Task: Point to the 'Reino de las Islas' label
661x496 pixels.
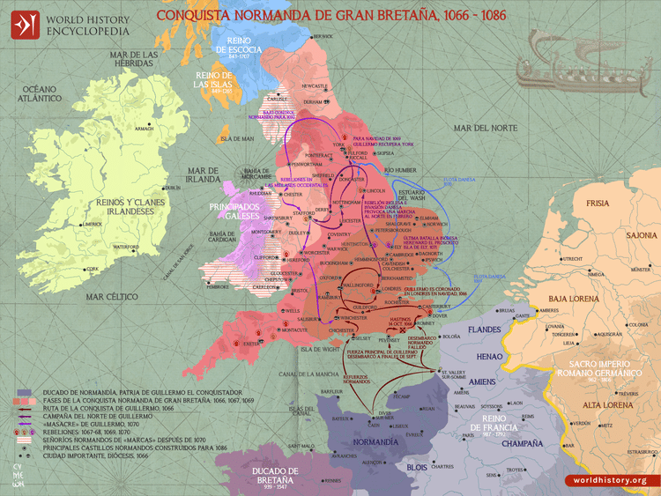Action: pyautogui.click(x=213, y=81)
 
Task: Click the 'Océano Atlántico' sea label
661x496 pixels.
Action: pyautogui.click(x=40, y=95)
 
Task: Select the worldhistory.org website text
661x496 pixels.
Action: pyautogui.click(x=608, y=480)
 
